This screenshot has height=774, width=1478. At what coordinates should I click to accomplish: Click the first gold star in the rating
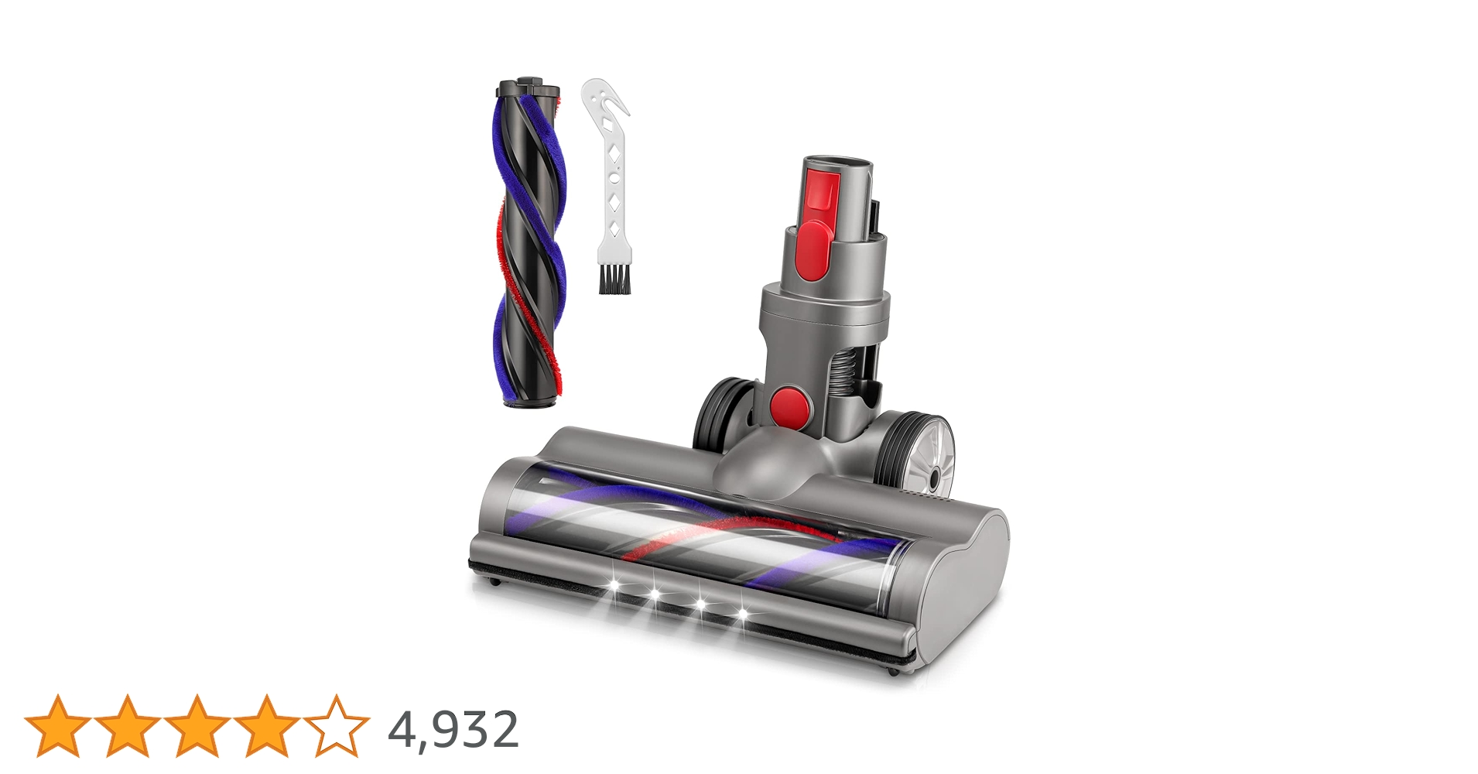click(58, 725)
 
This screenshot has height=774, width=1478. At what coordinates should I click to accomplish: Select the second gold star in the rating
click(128, 725)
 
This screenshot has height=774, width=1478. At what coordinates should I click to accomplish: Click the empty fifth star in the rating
click(337, 725)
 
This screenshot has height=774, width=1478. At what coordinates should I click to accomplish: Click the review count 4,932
click(453, 729)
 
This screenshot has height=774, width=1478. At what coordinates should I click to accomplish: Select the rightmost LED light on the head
click(743, 614)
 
